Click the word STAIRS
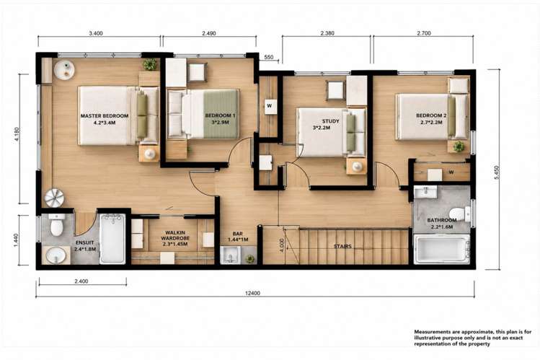coord(342,246)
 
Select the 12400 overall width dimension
coord(252,294)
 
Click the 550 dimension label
coord(269,57)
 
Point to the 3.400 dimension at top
coord(96,33)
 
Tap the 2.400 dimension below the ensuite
coord(81,281)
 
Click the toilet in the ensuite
coord(56,225)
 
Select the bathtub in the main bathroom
coord(442,249)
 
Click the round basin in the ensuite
coord(56,255)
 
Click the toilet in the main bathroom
coord(460,214)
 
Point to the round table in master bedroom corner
coord(64,70)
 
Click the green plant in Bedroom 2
coord(459,146)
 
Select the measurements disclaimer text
coord(473,338)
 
